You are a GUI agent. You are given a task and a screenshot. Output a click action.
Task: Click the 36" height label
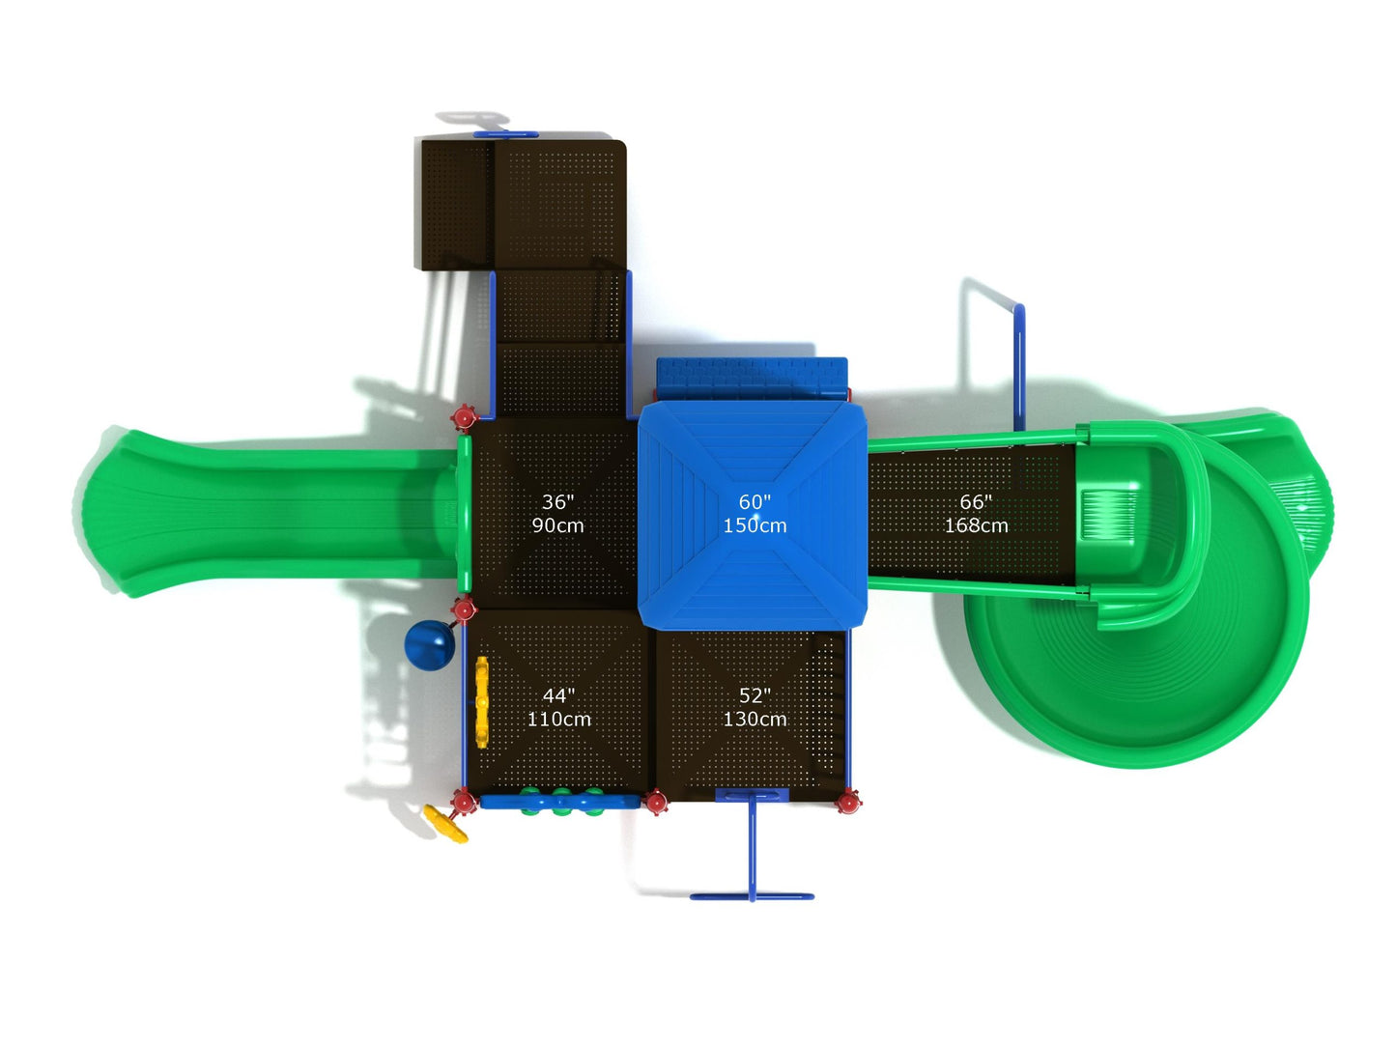tap(557, 501)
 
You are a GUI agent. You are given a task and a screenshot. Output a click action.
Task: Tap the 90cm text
tap(557, 525)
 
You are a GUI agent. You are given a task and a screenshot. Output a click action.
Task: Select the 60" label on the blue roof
tap(755, 501)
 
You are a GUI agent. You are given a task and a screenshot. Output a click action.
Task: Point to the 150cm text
tap(755, 525)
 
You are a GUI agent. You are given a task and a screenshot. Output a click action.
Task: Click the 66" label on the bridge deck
tap(975, 501)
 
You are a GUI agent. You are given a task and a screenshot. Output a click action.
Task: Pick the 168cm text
tap(975, 525)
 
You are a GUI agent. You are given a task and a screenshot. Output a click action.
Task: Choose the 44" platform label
tap(558, 695)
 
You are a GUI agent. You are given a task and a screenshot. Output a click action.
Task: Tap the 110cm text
tap(558, 719)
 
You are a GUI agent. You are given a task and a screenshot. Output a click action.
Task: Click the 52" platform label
tap(755, 695)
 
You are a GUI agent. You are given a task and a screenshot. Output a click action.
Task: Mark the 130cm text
tap(755, 719)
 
